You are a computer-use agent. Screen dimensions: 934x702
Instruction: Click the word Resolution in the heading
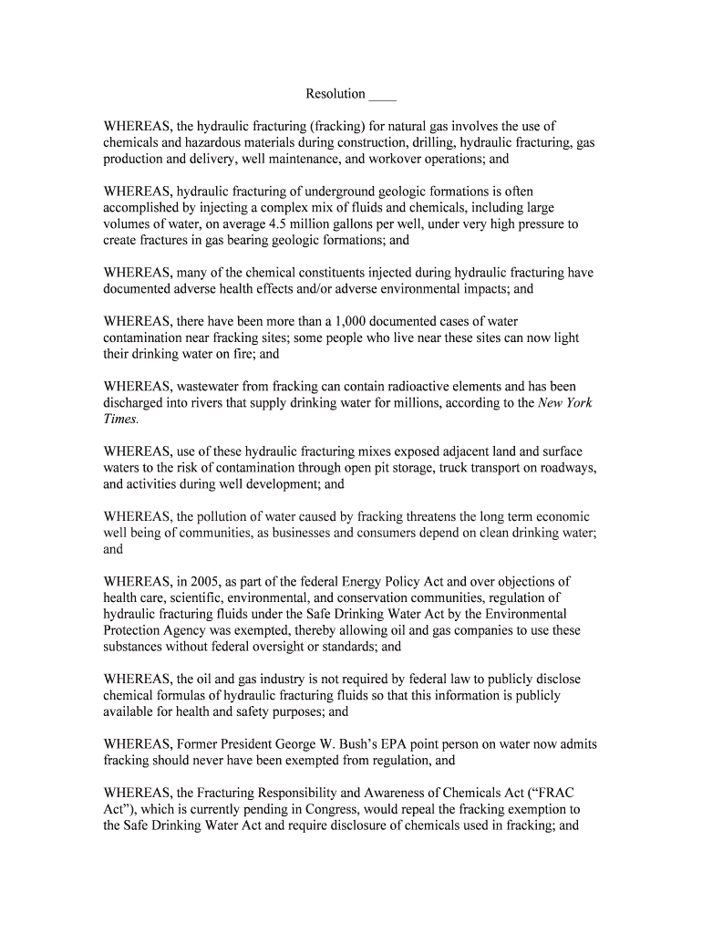[x=336, y=94]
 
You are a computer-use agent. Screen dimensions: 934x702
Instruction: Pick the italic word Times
[x=120, y=420]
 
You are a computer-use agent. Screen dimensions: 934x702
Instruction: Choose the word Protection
[x=133, y=631]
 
